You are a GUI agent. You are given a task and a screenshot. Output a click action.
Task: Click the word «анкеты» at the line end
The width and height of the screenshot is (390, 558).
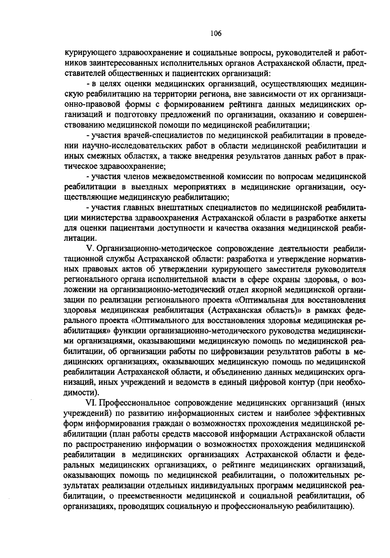(354, 218)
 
